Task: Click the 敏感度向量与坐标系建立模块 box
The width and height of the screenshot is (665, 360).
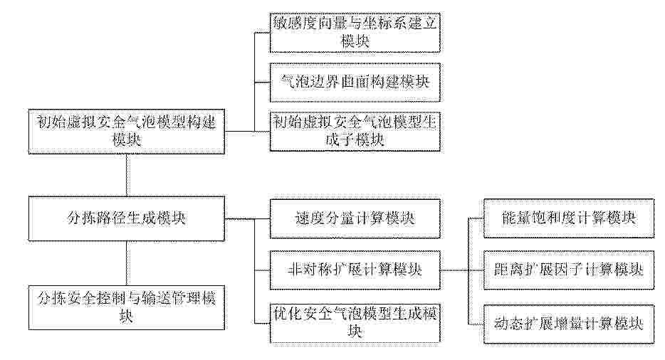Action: coord(355,33)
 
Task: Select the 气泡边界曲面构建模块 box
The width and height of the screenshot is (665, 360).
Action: coord(355,83)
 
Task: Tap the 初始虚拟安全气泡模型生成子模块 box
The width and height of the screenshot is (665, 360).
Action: coord(355,132)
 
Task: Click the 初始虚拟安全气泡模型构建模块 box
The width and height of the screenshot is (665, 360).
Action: coord(127,132)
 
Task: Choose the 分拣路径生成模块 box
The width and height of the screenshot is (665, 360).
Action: coord(127,218)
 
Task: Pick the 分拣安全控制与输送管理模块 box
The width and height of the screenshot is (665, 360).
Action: coord(127,307)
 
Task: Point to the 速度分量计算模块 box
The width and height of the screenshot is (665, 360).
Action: coord(355,219)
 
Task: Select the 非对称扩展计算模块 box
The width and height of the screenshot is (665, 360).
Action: coord(355,270)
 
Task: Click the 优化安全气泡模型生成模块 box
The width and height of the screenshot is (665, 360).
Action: coord(355,323)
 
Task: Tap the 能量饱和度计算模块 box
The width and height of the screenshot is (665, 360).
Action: coord(569,218)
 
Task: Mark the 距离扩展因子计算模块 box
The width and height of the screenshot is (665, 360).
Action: coord(569,270)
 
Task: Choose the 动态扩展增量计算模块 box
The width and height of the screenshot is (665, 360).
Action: coord(569,324)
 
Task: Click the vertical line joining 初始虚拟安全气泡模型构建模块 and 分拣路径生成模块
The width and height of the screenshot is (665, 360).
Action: coord(127,175)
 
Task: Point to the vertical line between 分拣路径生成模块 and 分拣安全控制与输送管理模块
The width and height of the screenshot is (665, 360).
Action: coord(127,263)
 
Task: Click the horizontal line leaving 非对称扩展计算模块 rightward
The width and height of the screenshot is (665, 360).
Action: coord(454,270)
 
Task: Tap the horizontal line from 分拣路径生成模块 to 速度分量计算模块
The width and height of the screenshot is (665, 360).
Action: coord(247,219)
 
